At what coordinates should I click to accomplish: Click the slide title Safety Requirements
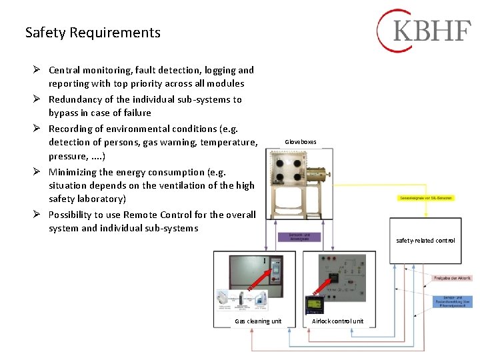(x=93, y=32)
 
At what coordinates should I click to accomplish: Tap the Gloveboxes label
(x=301, y=142)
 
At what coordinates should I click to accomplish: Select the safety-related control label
(x=425, y=240)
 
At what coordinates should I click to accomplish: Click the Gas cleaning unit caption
(x=258, y=321)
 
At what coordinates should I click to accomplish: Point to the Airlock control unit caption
(x=337, y=321)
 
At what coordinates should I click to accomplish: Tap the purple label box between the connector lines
(x=298, y=237)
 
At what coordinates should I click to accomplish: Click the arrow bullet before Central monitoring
(x=39, y=70)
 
